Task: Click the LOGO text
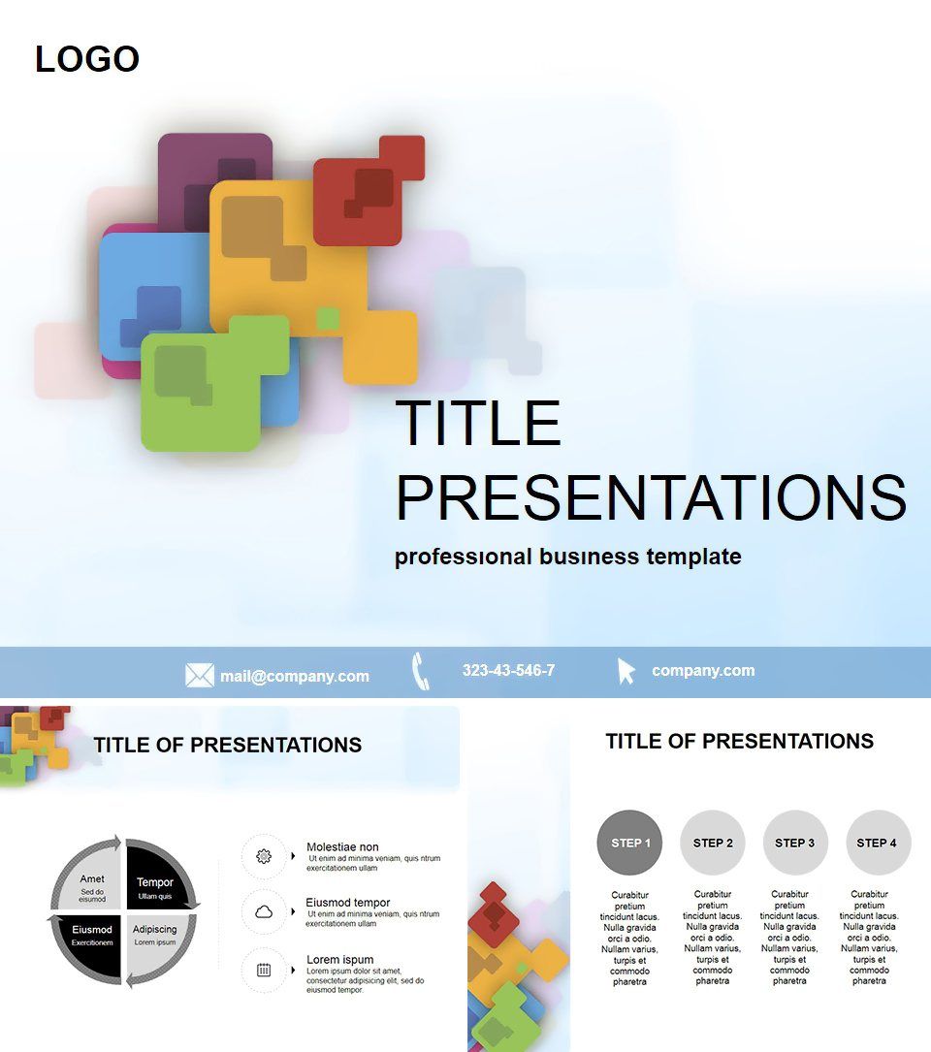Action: pos(87,59)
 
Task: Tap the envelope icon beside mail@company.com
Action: pos(200,675)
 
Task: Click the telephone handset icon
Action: pos(420,671)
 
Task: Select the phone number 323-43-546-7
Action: pos(508,670)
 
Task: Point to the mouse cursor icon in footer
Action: pos(626,671)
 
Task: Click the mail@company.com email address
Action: pos(294,676)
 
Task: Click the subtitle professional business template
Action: pos(567,557)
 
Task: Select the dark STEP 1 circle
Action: pos(630,843)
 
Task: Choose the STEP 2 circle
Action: pos(713,843)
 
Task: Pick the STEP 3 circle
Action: pos(795,843)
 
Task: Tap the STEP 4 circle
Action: pos(878,843)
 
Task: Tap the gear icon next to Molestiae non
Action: pos(264,856)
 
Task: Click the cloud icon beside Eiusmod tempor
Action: pos(264,911)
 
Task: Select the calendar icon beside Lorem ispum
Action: pos(264,969)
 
